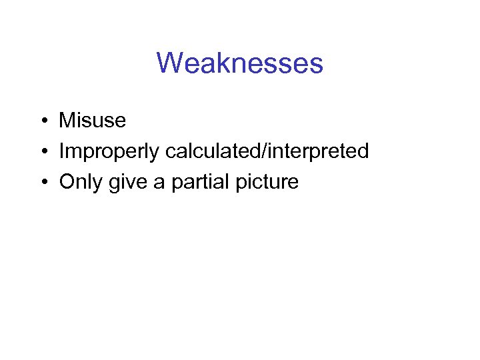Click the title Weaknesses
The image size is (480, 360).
click(240, 63)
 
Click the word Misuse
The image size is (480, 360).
click(92, 121)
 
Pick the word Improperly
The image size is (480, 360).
click(109, 152)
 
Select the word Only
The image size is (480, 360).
click(80, 183)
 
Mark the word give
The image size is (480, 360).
click(127, 183)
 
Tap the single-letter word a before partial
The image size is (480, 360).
click(159, 183)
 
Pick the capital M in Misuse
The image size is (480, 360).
click(67, 121)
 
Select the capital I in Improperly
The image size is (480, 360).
click(61, 151)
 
